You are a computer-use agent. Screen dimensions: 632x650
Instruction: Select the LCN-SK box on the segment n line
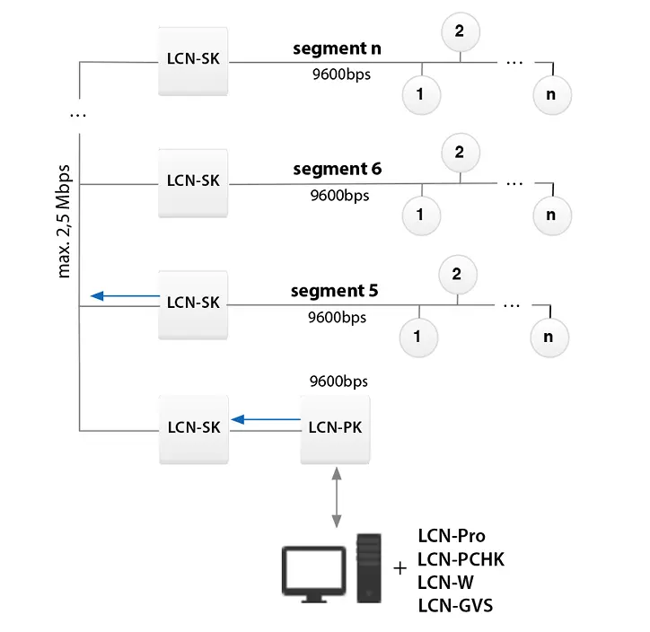point(193,59)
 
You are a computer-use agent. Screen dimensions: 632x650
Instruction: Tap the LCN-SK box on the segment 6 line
point(193,180)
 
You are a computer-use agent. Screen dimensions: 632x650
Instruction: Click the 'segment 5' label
point(334,291)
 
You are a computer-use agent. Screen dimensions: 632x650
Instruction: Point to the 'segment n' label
point(337,48)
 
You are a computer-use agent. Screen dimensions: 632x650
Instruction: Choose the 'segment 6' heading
point(337,169)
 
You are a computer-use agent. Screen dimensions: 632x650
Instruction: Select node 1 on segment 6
point(421,214)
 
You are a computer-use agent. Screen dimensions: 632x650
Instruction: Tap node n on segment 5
point(549,337)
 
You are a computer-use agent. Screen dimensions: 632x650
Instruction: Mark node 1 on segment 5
point(417,337)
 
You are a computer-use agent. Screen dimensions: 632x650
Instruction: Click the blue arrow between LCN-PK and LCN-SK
point(265,418)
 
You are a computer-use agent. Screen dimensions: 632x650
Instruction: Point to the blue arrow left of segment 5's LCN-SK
point(124,295)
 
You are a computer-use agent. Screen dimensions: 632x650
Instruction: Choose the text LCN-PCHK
point(461,559)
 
